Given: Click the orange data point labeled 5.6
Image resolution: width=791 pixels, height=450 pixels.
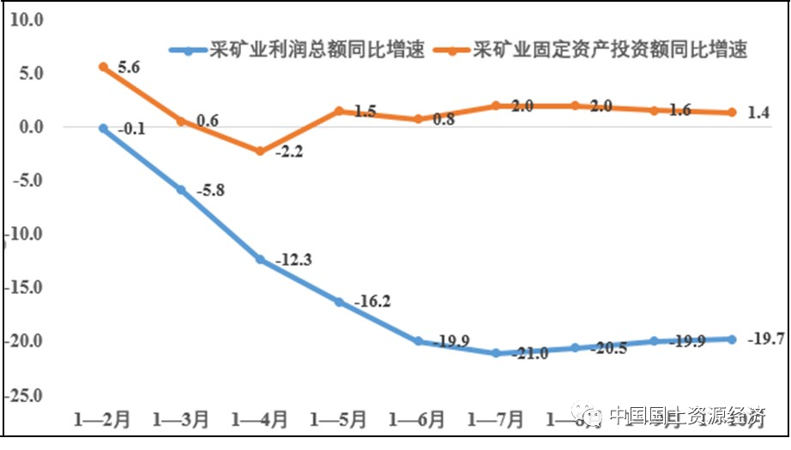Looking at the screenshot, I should (103, 67).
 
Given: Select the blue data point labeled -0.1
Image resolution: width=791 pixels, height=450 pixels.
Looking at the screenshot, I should (103, 129).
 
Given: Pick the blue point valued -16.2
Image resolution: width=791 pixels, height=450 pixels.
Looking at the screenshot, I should (339, 302).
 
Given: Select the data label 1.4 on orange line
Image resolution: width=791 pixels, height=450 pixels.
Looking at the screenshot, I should (759, 111).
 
